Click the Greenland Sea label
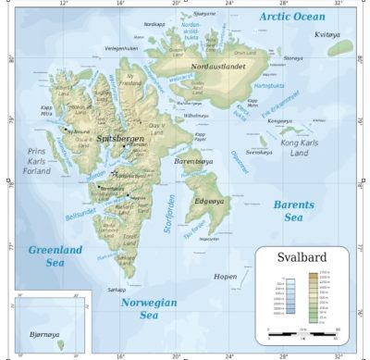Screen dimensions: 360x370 (x=55, y=256)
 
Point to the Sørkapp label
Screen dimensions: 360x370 (x=116, y=290)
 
